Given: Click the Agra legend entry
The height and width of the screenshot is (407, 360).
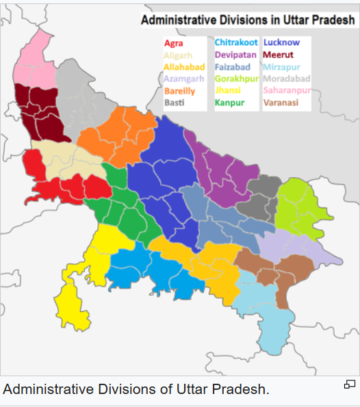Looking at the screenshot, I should [x=174, y=43].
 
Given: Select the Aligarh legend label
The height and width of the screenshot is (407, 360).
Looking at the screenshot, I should [x=178, y=55].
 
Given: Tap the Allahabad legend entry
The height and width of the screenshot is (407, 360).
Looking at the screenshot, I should [x=184, y=67].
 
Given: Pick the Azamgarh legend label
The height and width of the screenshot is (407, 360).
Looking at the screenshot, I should [x=184, y=79].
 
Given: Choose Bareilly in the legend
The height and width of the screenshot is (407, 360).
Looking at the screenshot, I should [x=179, y=91].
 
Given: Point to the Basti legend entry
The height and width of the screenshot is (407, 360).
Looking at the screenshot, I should [x=174, y=103].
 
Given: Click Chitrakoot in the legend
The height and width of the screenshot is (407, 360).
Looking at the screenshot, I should [x=236, y=43].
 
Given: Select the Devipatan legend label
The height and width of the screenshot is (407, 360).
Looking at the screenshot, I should [x=235, y=55].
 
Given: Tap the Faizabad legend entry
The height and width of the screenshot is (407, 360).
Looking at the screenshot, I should [x=233, y=67].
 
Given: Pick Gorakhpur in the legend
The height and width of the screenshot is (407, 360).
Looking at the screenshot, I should [x=237, y=79].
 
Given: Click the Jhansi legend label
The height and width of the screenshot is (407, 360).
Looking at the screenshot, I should [x=228, y=91].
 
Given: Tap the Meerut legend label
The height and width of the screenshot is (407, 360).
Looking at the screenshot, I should [x=278, y=55].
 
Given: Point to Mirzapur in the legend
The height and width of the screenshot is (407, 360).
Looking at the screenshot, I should [x=281, y=67].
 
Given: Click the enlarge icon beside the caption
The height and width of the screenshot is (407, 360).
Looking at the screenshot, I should [x=349, y=385].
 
